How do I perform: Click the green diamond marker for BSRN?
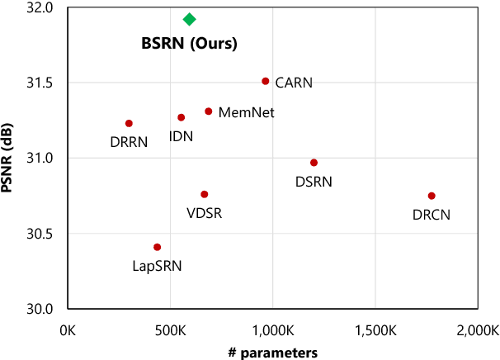(190, 19)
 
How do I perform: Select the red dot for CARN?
(265, 81)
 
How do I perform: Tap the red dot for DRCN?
(432, 196)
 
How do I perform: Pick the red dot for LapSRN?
(157, 247)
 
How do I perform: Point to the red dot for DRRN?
(129, 123)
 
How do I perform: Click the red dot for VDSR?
(205, 194)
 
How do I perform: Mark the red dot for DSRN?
(314, 163)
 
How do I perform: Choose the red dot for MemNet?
(209, 111)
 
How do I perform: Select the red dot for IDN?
(182, 117)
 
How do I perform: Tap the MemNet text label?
(247, 112)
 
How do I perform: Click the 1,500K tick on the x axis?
(375, 330)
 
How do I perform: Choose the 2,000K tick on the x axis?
(478, 330)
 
